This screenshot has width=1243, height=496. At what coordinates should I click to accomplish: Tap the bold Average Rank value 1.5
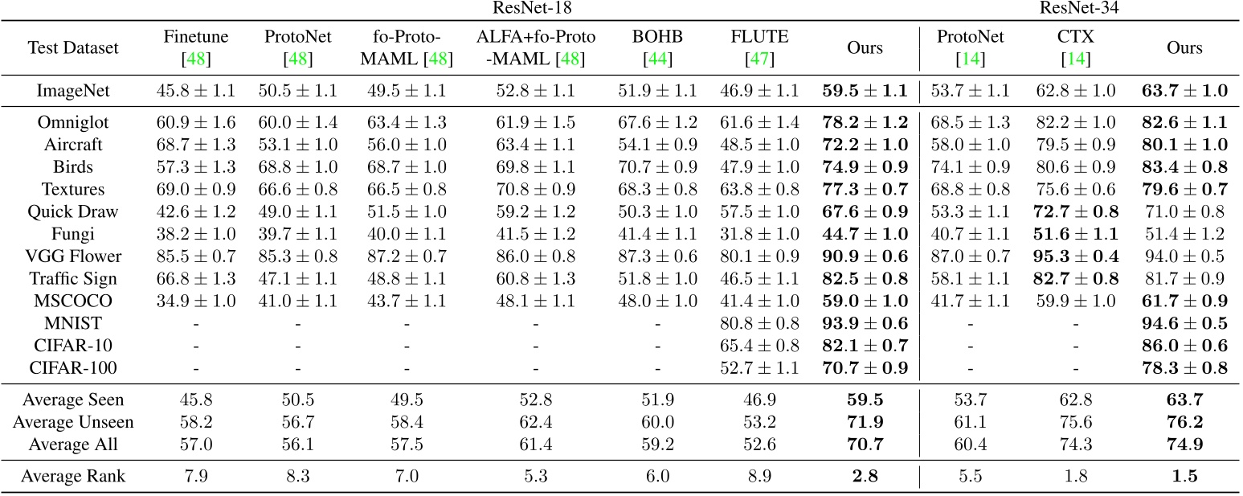[x=1184, y=476]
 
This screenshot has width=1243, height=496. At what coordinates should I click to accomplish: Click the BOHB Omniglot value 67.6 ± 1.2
[x=657, y=122]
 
